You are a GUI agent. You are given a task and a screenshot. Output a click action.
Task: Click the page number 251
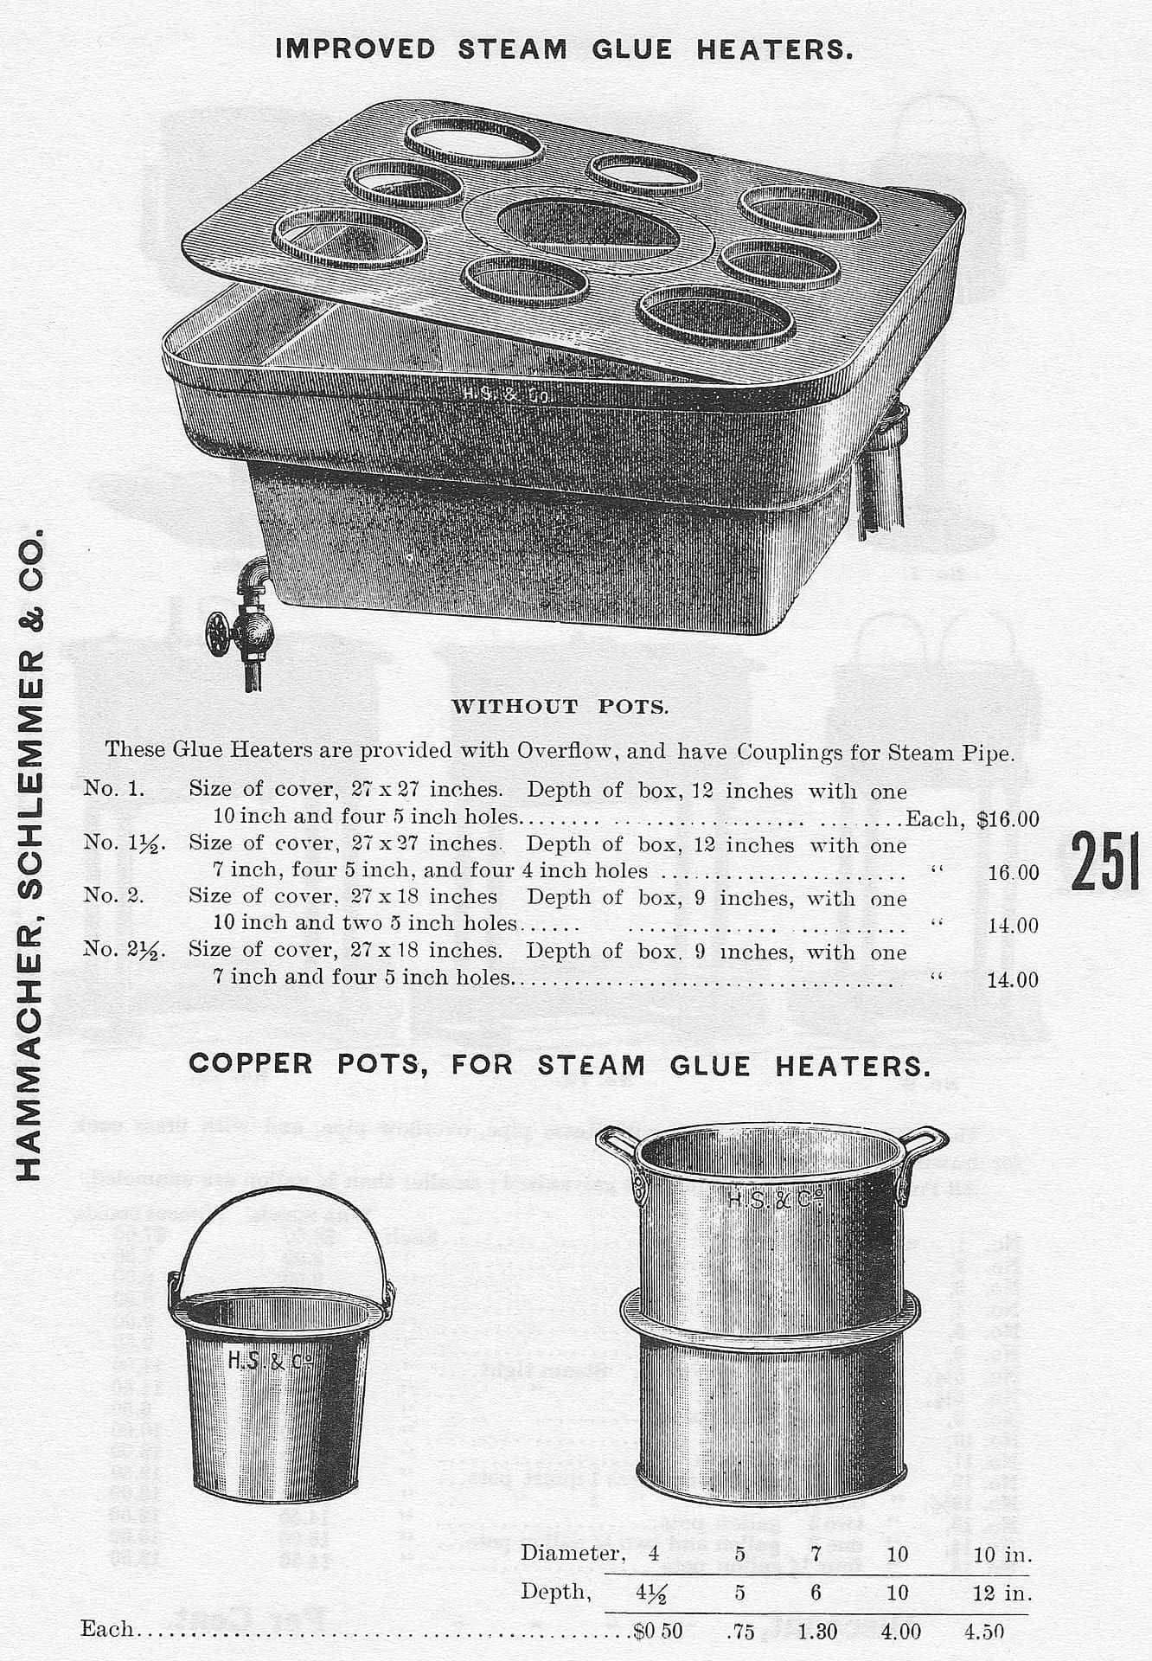[1104, 861]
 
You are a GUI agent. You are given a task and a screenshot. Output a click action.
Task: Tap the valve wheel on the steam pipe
[219, 634]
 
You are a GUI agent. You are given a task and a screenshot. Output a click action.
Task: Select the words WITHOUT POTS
[560, 707]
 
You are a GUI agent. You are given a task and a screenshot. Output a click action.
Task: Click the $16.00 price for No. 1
[1008, 819]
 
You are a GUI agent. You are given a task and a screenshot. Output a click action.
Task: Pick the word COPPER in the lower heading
[251, 1063]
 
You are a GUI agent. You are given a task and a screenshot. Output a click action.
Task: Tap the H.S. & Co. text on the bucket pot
[269, 1360]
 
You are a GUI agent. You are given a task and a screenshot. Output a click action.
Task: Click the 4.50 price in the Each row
[984, 1632]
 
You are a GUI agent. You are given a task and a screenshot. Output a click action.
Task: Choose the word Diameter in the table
[571, 1554]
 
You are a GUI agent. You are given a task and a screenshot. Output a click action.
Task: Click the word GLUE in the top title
[631, 49]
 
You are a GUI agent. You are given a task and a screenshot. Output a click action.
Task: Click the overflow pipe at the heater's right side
[882, 476]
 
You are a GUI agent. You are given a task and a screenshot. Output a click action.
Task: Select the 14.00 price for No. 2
[1013, 926]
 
